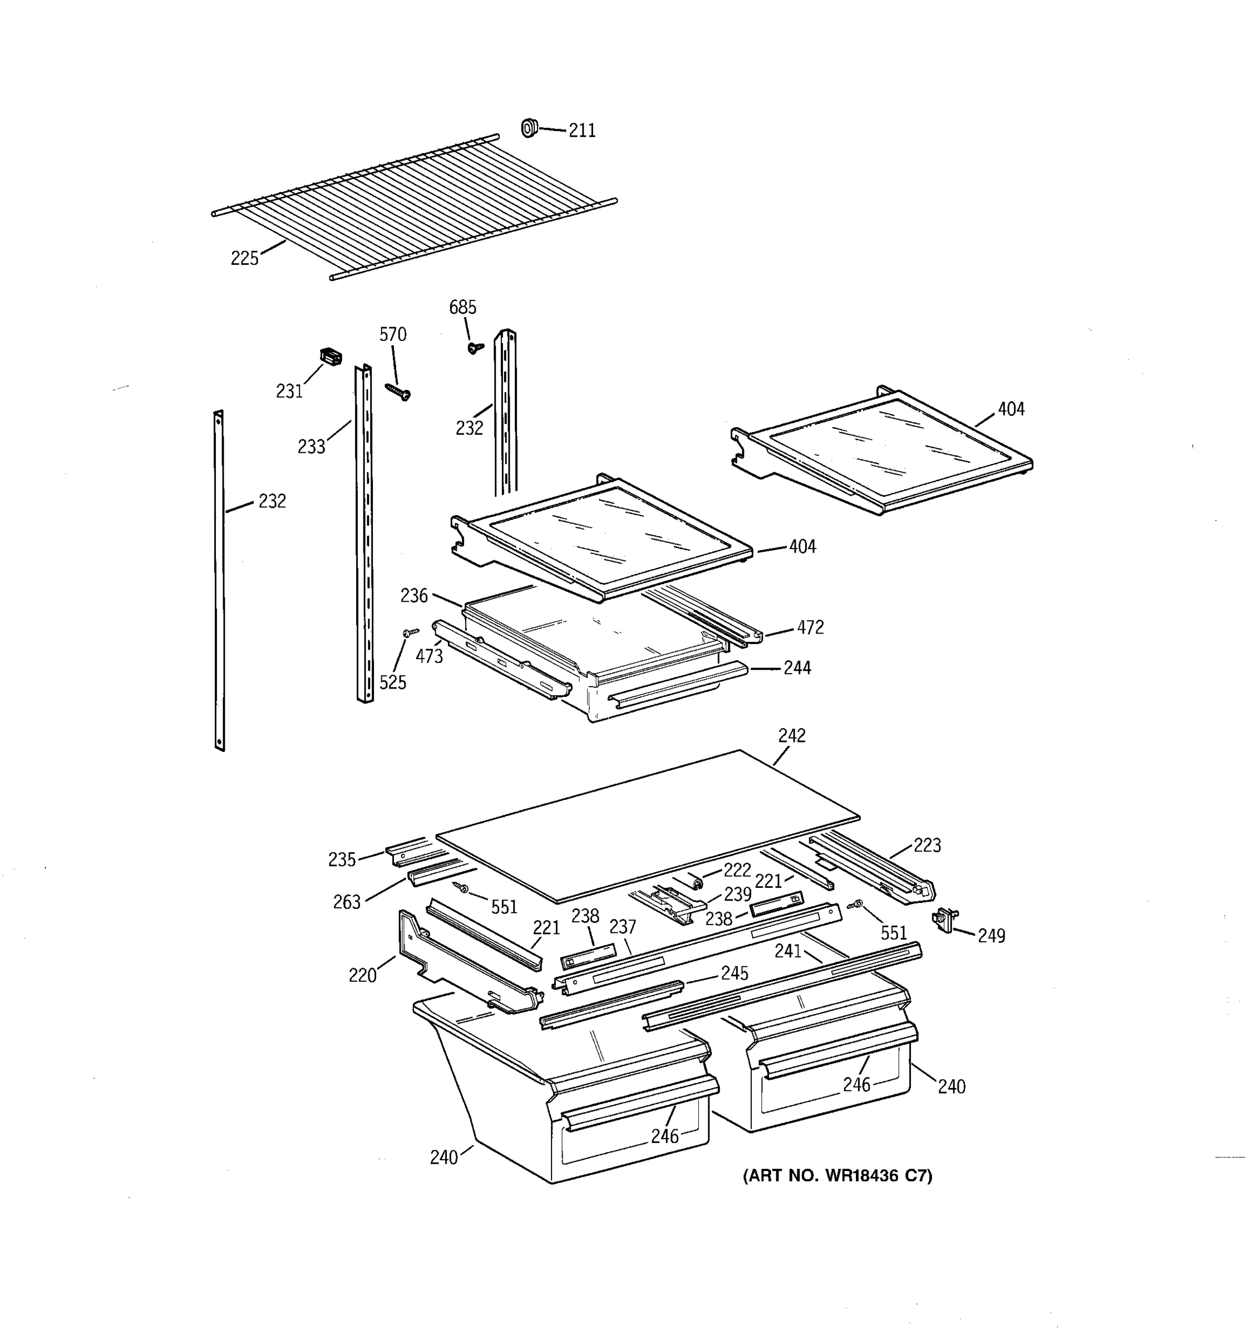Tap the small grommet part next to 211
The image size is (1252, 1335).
click(x=529, y=127)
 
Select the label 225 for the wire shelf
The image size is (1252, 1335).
click(x=244, y=258)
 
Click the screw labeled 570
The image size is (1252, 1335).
click(x=398, y=391)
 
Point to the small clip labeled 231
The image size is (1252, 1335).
click(x=330, y=356)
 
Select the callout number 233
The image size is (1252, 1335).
click(x=311, y=447)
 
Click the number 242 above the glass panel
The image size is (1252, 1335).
click(x=792, y=735)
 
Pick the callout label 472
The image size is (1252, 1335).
click(x=810, y=627)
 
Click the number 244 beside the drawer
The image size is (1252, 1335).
click(x=797, y=667)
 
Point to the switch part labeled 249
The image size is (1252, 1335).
click(x=946, y=919)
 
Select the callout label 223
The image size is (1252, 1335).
click(x=927, y=845)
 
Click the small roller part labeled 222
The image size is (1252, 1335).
click(x=696, y=879)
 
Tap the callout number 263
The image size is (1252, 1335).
click(x=347, y=902)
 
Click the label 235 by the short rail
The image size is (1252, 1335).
click(x=341, y=859)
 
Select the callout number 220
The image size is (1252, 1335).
click(x=362, y=975)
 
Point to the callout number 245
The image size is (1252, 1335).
click(x=734, y=973)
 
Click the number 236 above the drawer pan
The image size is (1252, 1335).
click(x=414, y=596)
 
